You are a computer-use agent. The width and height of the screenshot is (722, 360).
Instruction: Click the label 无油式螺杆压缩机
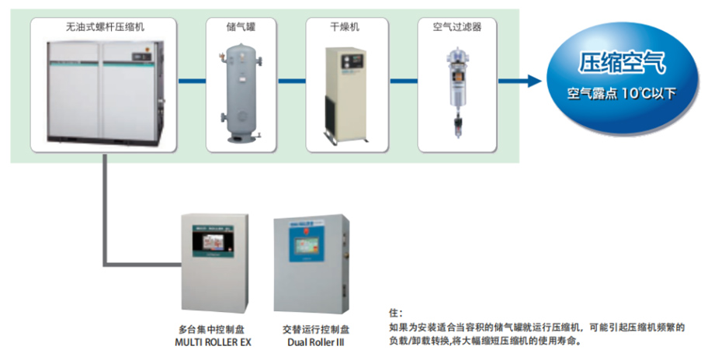pos(105,26)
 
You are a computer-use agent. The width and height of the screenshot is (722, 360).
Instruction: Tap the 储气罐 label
pos(241,26)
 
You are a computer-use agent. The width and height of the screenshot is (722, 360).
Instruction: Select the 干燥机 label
pos(344,26)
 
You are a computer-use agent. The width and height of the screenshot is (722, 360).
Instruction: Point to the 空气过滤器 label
pos(456,26)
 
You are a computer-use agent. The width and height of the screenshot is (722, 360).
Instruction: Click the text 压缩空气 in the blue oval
pos(623,63)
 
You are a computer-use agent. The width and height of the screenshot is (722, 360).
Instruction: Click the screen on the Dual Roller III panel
pos(307,247)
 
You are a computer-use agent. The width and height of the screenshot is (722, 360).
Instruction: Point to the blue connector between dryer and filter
pos(398,81)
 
